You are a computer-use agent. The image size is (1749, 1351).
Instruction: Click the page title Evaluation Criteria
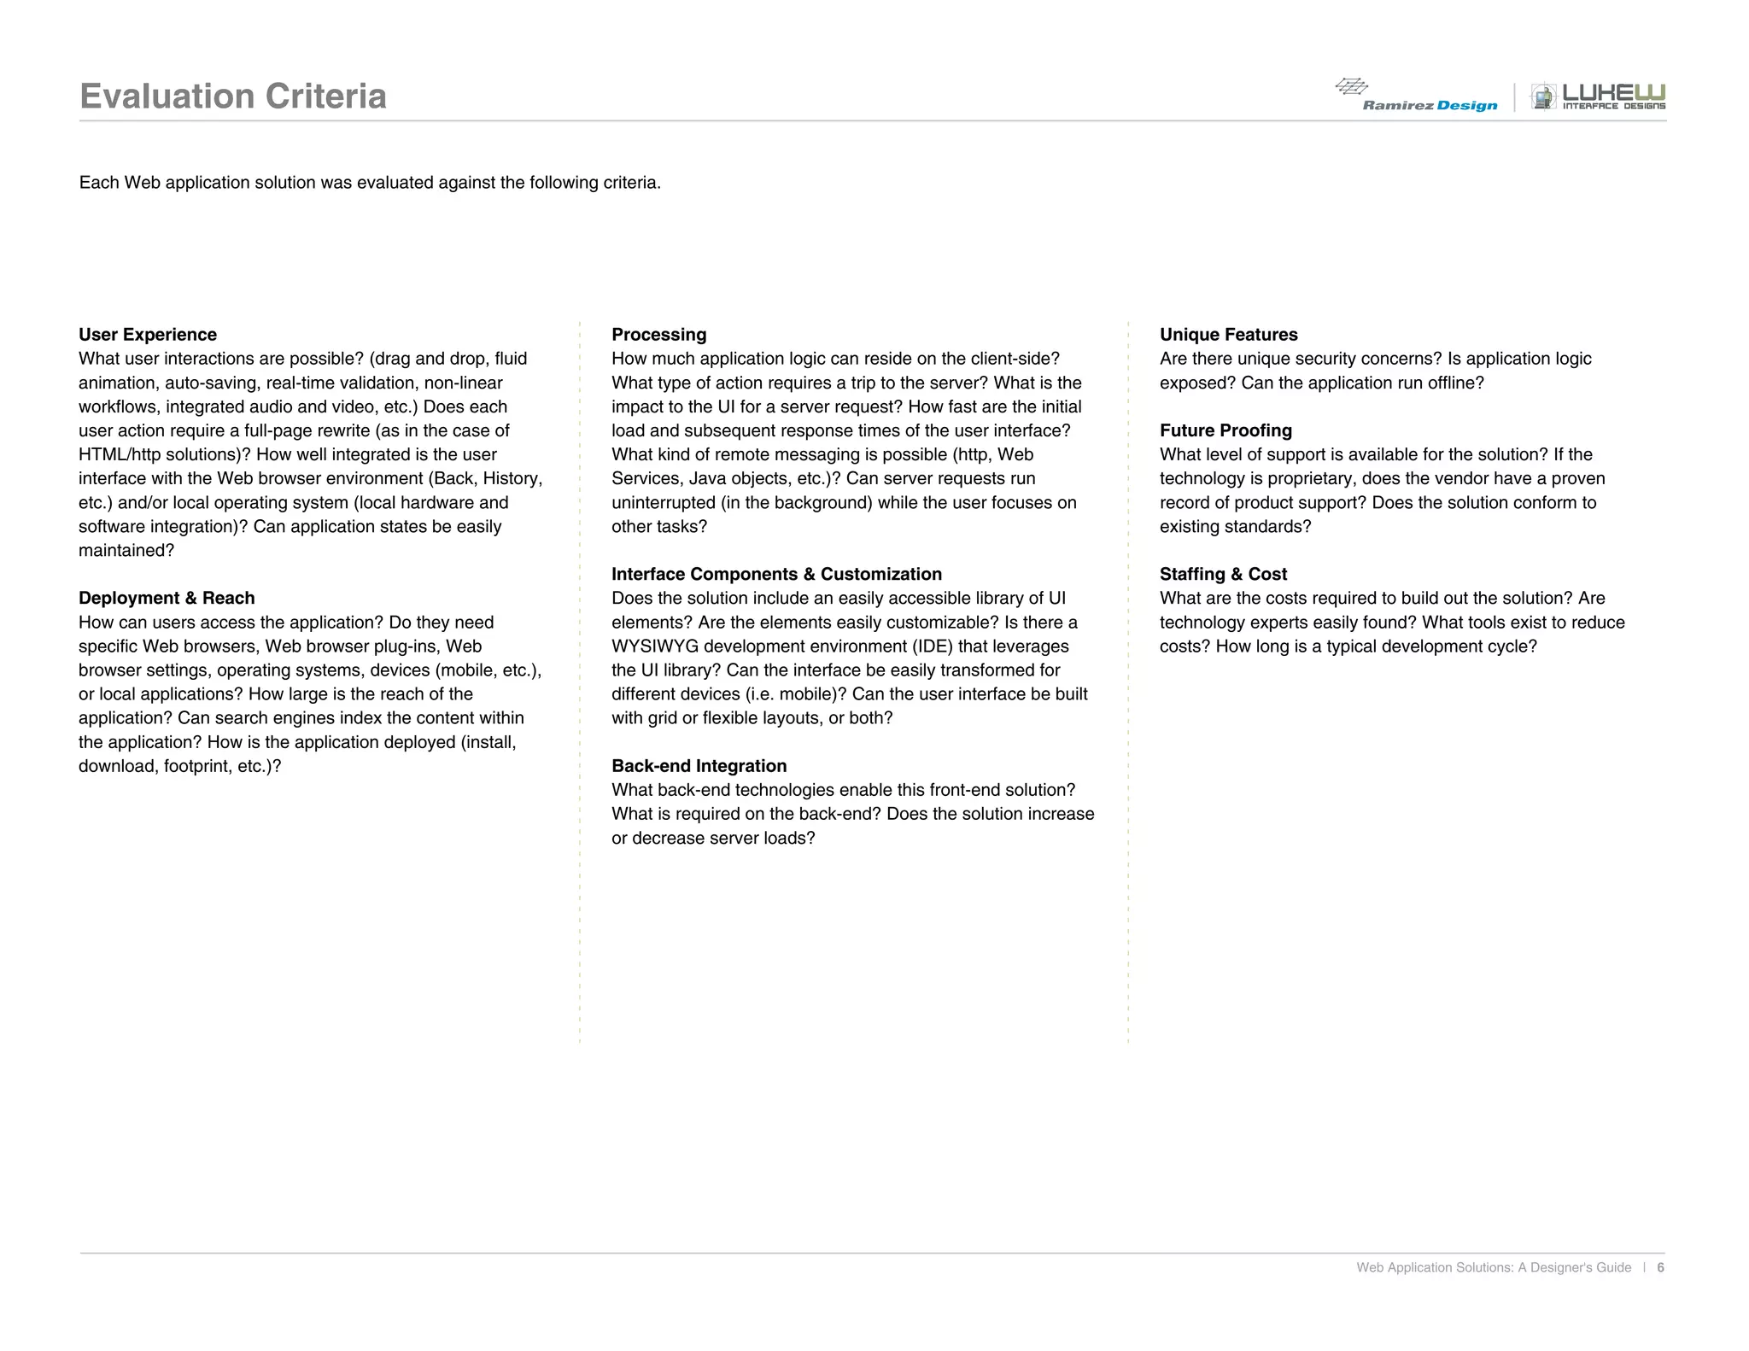coord(232,96)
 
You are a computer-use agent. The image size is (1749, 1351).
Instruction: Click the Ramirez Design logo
coord(1418,96)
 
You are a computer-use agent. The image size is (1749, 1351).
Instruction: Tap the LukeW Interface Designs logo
coord(1598,96)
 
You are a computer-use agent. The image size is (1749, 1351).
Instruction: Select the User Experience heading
coord(148,335)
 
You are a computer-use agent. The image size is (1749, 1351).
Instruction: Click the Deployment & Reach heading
coord(167,599)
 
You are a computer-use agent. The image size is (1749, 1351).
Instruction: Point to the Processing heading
coord(658,335)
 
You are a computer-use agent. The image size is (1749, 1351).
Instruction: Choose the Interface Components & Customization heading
coord(776,575)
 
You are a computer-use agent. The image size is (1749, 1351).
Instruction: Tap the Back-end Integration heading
coord(699,766)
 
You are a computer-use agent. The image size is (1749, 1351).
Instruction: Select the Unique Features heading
coord(1228,335)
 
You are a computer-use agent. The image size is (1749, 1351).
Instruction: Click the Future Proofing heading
coord(1225,430)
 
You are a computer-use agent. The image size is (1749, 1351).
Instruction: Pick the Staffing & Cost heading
coord(1223,575)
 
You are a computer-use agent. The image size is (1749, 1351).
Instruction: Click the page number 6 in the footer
coord(1660,1267)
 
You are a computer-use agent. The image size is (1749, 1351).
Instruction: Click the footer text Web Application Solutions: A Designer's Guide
coord(1494,1267)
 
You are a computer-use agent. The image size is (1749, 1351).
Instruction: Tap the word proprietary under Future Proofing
coord(1309,479)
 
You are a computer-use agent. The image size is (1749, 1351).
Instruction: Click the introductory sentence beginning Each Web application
coord(370,183)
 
